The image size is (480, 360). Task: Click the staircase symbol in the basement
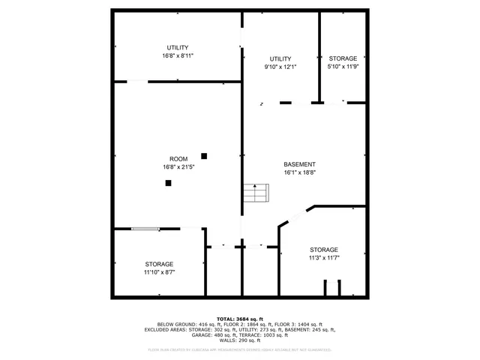click(255, 193)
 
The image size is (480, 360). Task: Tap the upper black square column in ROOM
click(203, 156)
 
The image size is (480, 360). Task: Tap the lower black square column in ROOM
click(168, 182)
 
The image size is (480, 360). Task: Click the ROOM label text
click(178, 159)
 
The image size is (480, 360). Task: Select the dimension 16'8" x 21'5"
click(178, 167)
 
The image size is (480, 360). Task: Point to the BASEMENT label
click(299, 164)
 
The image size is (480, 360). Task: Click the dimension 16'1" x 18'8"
click(299, 172)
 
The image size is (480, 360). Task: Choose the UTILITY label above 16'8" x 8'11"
click(178, 48)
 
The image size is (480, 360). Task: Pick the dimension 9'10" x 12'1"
click(280, 67)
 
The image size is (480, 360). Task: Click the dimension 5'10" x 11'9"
click(343, 67)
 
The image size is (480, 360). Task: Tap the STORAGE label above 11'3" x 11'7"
click(323, 250)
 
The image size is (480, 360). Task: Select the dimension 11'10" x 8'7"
click(159, 272)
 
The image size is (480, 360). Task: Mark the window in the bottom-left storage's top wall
click(145, 229)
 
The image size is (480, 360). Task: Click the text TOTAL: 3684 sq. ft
click(240, 318)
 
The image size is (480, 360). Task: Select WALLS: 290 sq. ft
click(240, 341)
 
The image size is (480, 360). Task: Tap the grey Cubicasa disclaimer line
click(240, 349)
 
